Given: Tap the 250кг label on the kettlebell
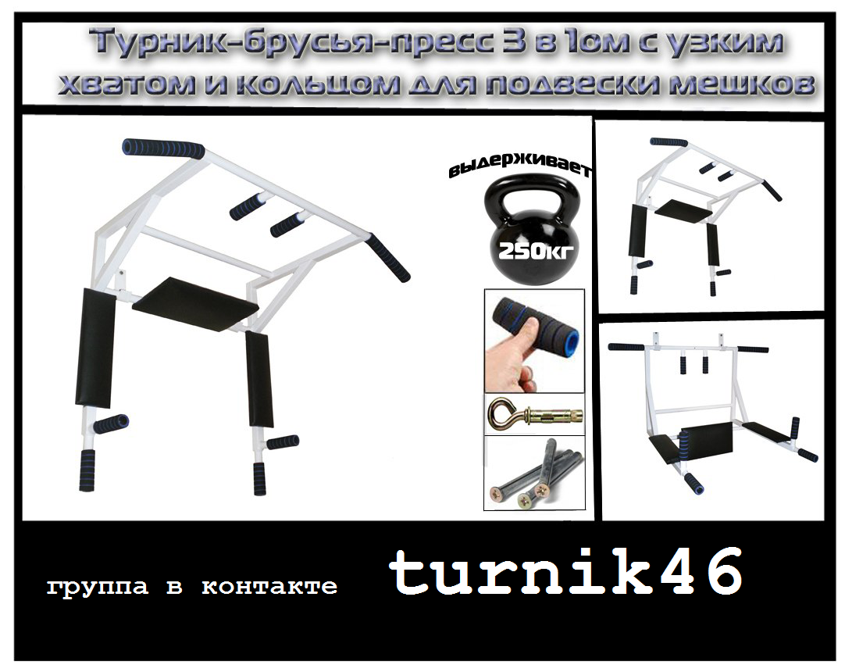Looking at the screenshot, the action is point(531,250).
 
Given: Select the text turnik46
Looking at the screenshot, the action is point(565,571).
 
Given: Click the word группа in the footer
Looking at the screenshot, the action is point(97,588).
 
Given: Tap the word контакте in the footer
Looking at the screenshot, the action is point(269,586).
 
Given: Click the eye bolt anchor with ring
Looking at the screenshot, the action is point(534,415).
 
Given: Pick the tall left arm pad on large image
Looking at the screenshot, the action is point(95,347).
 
